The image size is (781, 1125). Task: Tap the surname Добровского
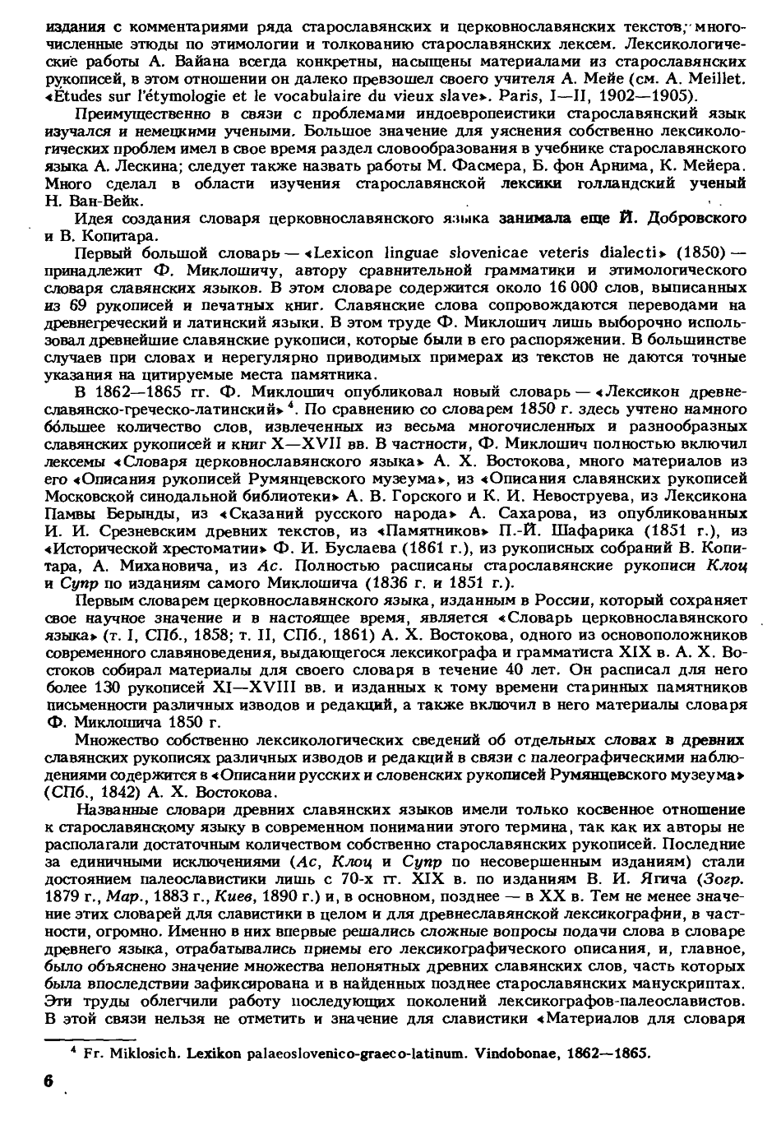coord(698,219)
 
